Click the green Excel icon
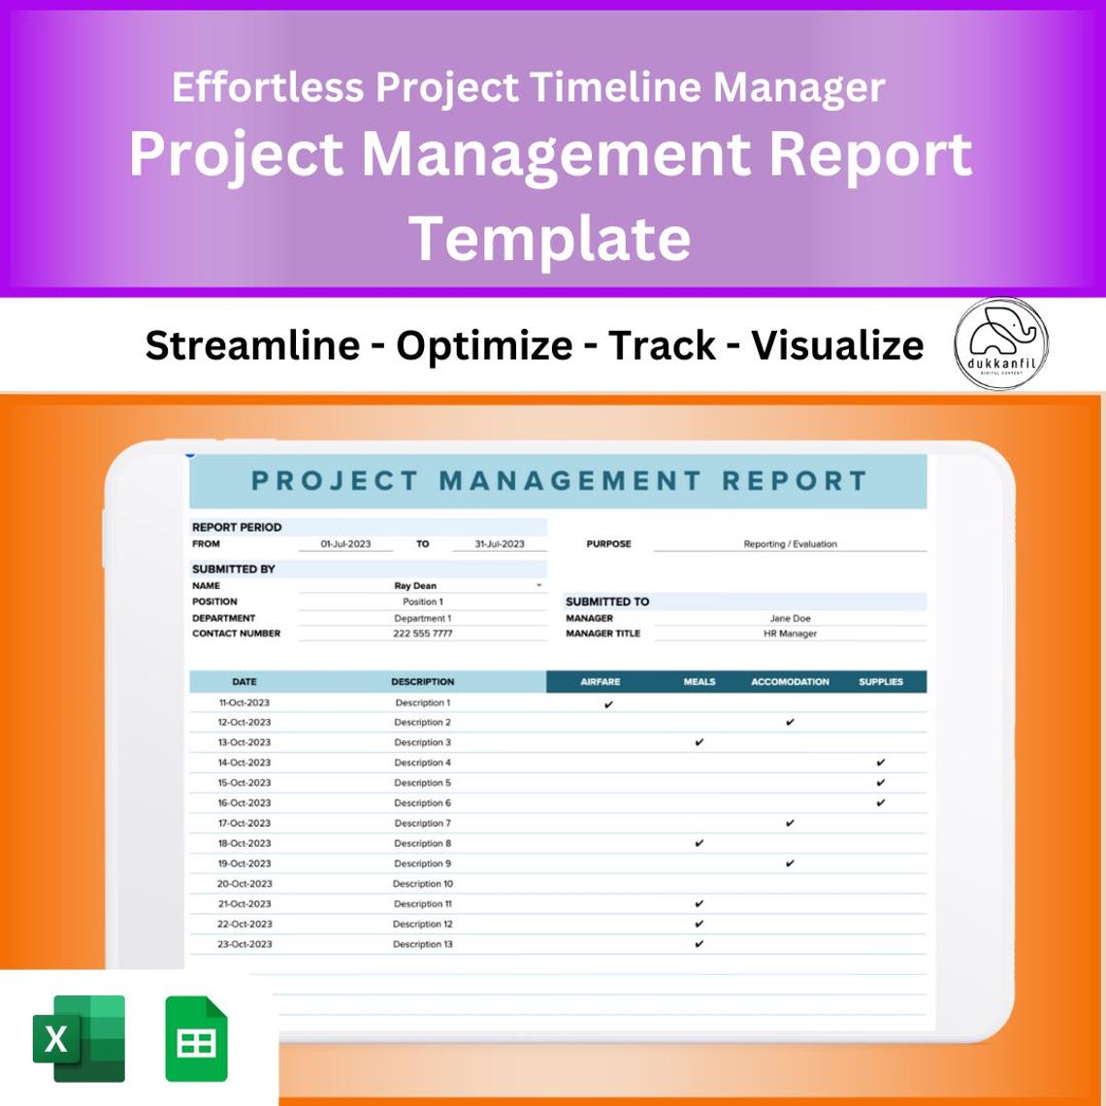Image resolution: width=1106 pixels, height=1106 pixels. click(x=80, y=1038)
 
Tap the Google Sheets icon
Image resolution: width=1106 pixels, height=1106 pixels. click(x=196, y=1038)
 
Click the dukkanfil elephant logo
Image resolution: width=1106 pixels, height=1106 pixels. click(x=1000, y=343)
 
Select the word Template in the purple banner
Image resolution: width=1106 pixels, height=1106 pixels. click(x=550, y=238)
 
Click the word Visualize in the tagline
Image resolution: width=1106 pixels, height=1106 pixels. click(x=837, y=344)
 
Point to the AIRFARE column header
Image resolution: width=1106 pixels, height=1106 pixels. click(x=600, y=682)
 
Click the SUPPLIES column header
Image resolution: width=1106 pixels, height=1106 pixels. click(x=880, y=682)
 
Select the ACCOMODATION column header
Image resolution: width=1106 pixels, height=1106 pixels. click(x=790, y=682)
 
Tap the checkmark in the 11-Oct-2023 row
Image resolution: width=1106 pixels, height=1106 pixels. click(x=608, y=704)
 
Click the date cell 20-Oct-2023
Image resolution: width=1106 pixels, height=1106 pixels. click(x=244, y=884)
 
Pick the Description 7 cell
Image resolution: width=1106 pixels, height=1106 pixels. click(x=422, y=824)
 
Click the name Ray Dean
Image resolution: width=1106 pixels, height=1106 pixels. click(x=415, y=586)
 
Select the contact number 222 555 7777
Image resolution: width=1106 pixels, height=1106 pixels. click(x=422, y=634)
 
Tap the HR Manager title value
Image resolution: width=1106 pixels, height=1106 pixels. click(x=790, y=634)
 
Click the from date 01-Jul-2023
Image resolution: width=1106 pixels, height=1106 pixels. click(x=345, y=544)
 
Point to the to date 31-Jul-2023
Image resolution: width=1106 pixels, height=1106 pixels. click(x=499, y=544)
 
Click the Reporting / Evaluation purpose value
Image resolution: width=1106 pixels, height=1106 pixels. click(x=790, y=544)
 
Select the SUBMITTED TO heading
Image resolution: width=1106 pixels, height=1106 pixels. click(x=607, y=602)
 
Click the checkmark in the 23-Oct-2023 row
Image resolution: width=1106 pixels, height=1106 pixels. click(x=699, y=944)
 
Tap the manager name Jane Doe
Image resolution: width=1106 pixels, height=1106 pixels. click(x=790, y=618)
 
